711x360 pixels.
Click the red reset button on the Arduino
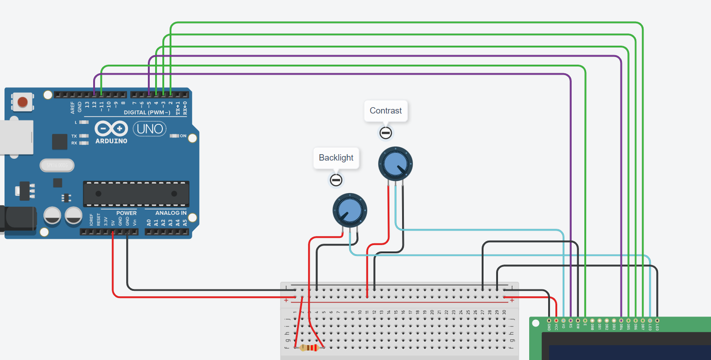pos(23,102)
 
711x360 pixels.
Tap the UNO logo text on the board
pos(150,129)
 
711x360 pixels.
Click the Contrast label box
pos(386,111)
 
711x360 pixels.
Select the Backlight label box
pos(336,158)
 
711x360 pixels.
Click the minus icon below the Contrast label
pos(386,133)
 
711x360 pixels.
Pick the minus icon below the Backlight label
pos(336,180)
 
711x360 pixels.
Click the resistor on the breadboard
pos(309,348)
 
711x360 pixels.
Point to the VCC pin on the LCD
pos(556,321)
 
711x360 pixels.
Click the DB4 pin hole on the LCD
pos(621,321)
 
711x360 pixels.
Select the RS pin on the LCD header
pos(571,321)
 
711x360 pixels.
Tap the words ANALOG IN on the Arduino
pos(171,213)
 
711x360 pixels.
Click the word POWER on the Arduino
pos(126,213)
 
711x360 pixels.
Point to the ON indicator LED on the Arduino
pos(174,136)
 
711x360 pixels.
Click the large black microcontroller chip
pos(136,194)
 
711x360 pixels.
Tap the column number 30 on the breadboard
pos(504,312)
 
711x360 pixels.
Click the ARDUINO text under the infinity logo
pos(111,141)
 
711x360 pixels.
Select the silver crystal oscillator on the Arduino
pos(57,165)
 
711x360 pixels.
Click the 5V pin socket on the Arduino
pos(113,232)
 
